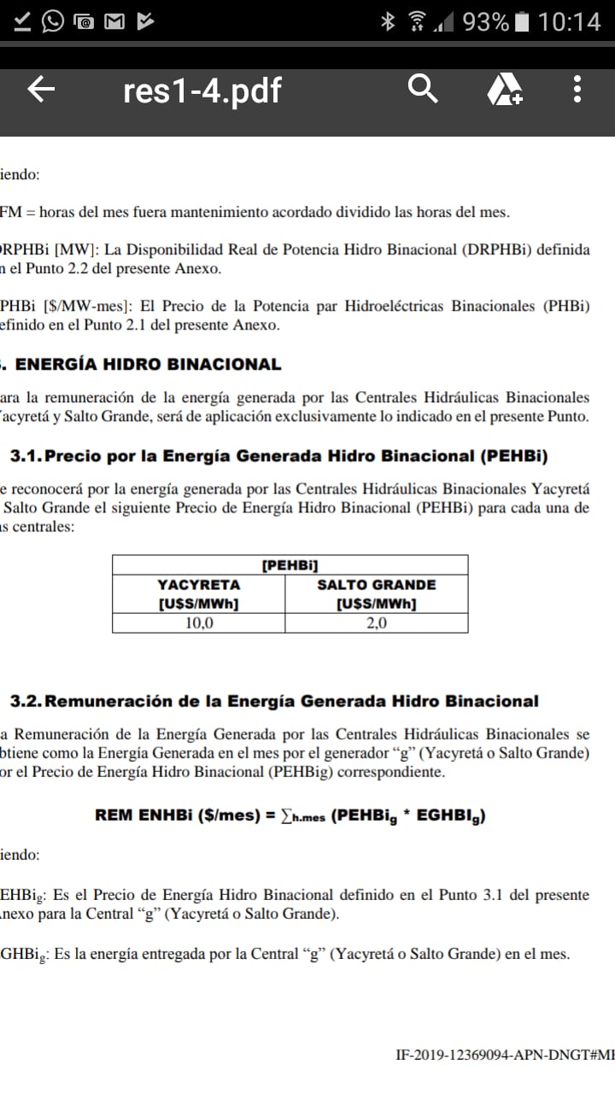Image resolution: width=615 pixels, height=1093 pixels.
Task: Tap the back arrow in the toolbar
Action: pyautogui.click(x=42, y=90)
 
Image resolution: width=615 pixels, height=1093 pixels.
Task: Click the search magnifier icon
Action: pyautogui.click(x=423, y=88)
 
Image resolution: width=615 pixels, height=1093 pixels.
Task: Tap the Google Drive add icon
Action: pyautogui.click(x=504, y=89)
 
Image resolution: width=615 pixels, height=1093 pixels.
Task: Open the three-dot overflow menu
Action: pyautogui.click(x=577, y=89)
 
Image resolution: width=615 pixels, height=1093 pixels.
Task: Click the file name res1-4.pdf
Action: pyautogui.click(x=202, y=90)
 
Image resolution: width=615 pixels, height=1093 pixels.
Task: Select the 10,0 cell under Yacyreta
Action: pyautogui.click(x=199, y=622)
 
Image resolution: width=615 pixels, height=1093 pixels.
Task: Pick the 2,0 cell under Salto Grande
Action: pyautogui.click(x=377, y=622)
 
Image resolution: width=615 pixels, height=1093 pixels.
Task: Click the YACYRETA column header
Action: pyautogui.click(x=199, y=585)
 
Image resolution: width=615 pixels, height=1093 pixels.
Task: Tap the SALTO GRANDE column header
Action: pyautogui.click(x=377, y=585)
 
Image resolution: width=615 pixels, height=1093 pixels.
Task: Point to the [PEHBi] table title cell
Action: pyautogui.click(x=290, y=564)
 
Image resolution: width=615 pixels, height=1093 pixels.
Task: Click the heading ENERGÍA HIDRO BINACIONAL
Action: pyautogui.click(x=149, y=365)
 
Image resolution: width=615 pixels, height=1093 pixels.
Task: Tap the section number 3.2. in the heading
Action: pyautogui.click(x=26, y=701)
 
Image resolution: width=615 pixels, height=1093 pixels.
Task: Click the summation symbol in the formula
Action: pyautogui.click(x=284, y=815)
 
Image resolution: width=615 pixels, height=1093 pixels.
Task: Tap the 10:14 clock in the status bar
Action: pyautogui.click(x=569, y=21)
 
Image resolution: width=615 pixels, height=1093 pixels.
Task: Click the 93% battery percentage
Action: pyautogui.click(x=485, y=21)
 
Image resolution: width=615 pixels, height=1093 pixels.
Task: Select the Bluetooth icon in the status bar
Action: pyautogui.click(x=388, y=21)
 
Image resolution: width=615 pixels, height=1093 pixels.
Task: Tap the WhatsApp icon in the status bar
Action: pyautogui.click(x=53, y=21)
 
